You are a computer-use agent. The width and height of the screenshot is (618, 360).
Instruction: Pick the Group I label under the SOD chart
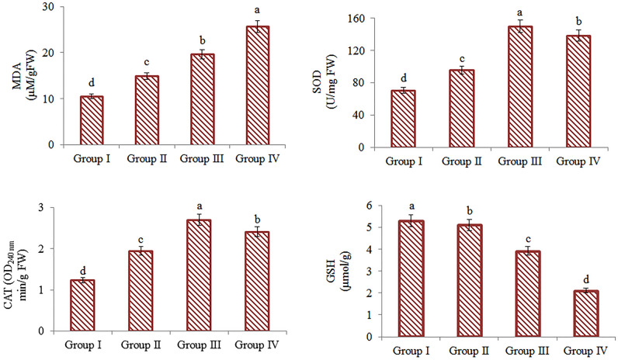tap(410, 160)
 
